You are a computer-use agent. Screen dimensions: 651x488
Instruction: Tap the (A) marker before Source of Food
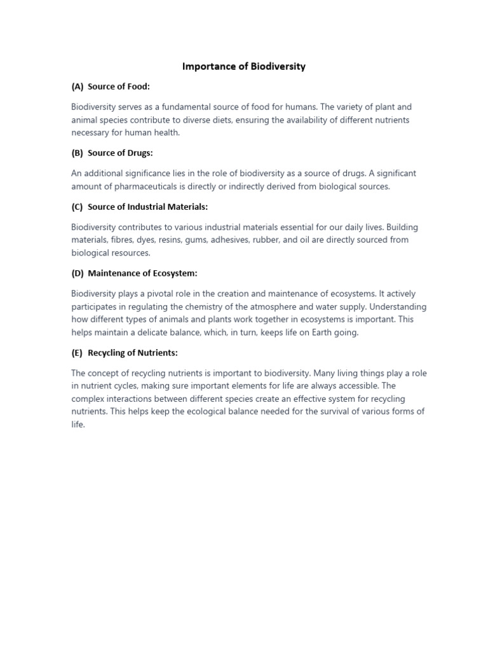click(x=78, y=86)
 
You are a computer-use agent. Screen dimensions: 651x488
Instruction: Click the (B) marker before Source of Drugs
click(x=78, y=153)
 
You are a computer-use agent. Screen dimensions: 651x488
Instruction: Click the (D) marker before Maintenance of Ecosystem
click(x=78, y=273)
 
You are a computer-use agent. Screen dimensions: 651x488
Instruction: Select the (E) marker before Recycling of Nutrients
click(x=78, y=352)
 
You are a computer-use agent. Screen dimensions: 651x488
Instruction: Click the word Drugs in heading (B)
click(x=139, y=153)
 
